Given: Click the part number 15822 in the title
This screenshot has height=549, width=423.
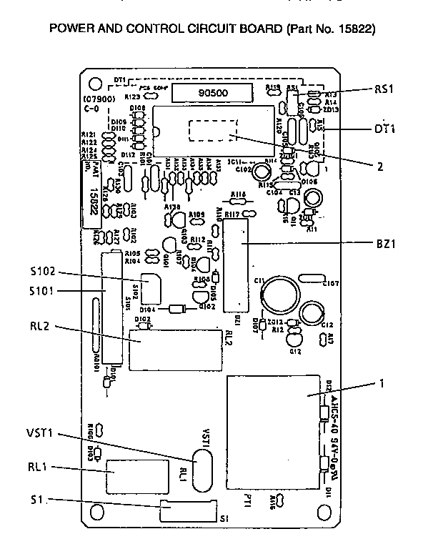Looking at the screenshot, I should (357, 30).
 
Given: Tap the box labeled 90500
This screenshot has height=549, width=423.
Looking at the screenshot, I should (215, 92).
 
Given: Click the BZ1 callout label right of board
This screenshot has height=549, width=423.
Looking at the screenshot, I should (384, 244).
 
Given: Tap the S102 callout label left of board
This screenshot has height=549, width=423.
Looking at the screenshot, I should (44, 272).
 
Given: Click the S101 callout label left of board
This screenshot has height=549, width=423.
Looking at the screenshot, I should (44, 290).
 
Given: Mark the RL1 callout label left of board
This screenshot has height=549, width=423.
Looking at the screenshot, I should (38, 469).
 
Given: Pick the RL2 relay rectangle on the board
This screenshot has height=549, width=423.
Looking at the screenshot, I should (174, 350).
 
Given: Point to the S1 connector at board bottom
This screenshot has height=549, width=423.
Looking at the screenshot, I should (186, 511).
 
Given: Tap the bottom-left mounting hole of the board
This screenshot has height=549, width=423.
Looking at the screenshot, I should (93, 509).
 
